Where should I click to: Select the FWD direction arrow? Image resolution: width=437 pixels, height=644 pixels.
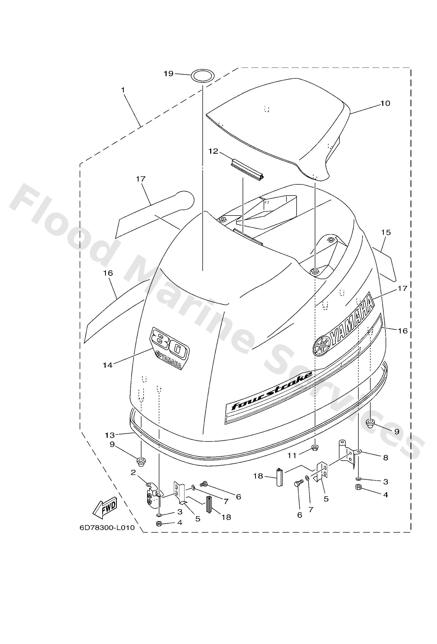pos(105,508)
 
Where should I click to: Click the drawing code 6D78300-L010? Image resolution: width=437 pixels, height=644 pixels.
pos(107,528)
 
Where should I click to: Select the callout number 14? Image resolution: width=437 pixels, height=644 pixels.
pos(108,365)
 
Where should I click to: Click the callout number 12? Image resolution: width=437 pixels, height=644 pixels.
pos(214,151)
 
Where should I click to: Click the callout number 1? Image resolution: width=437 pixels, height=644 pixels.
pos(123,90)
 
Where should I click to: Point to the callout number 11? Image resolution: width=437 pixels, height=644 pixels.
pos(292,455)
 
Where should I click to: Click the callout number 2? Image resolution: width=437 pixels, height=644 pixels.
pos(133,472)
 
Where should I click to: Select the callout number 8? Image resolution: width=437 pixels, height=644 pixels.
pos(386,458)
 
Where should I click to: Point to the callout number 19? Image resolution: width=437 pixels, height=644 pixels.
pos(168,74)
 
